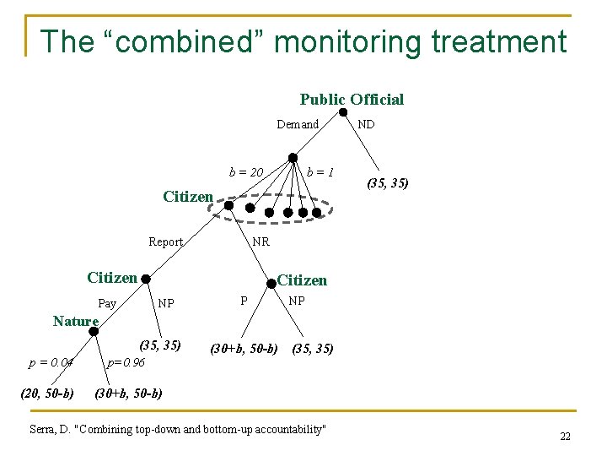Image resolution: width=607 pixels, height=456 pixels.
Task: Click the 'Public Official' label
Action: pos(352,100)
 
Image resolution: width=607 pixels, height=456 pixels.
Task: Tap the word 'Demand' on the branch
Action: pos(298,125)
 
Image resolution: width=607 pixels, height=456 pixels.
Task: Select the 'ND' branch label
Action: pos(366,124)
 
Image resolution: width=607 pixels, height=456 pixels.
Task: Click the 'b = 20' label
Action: pos(247,173)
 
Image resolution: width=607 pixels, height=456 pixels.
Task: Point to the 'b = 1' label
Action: pos(320,173)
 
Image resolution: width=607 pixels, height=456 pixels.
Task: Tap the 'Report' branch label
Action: pos(165,242)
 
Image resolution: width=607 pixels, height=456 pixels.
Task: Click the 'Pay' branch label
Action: pos(107,302)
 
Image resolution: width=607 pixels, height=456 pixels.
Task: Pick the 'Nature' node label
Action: pos(75,321)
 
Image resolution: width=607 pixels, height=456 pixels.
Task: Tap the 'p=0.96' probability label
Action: pos(125,363)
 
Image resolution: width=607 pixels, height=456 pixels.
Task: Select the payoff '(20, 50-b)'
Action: pos(46,393)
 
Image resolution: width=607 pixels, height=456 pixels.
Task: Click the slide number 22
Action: pos(564,436)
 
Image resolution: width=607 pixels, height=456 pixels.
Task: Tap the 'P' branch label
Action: pos(244,301)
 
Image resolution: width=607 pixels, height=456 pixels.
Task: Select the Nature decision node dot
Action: pos(94,333)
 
